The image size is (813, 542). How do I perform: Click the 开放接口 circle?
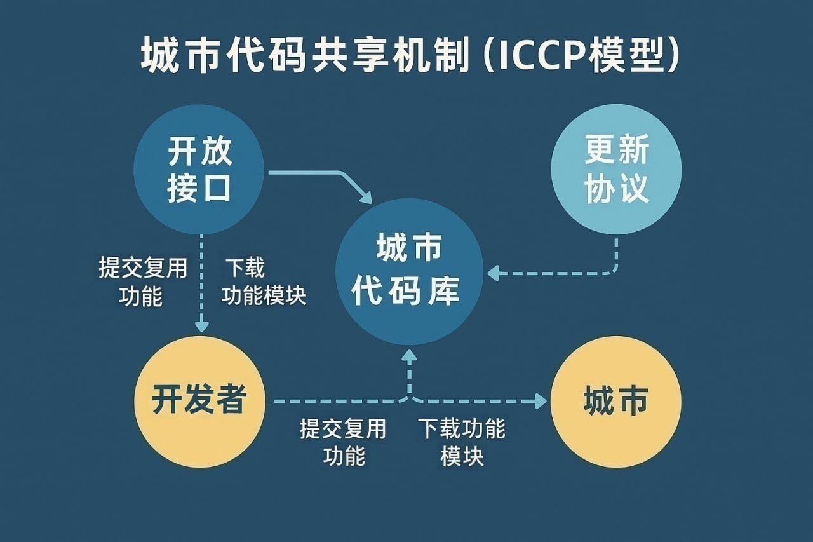tap(199, 170)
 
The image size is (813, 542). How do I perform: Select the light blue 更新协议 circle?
tap(616, 170)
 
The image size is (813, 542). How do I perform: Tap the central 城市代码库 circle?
tap(409, 271)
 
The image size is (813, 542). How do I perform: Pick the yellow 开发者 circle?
tap(199, 402)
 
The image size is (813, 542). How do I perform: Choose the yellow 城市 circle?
tap(615, 402)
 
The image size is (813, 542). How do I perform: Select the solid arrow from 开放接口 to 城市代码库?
tap(330, 178)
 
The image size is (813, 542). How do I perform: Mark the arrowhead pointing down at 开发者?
tap(201, 326)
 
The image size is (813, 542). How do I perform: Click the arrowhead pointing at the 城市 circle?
tap(541, 401)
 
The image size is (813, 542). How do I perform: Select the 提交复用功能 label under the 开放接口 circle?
tap(143, 281)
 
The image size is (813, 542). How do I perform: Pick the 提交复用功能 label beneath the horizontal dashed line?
tap(343, 442)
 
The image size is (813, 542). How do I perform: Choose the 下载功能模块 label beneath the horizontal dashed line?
tap(462, 442)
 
